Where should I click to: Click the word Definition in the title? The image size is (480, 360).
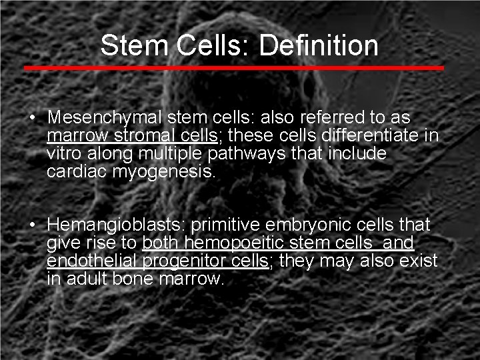point(319,45)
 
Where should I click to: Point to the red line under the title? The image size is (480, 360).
point(233,68)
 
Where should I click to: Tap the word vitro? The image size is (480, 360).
point(65,153)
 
